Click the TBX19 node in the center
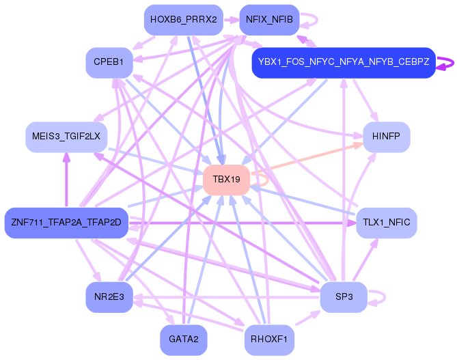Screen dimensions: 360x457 (x=226, y=180)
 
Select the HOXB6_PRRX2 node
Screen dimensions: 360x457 (x=182, y=20)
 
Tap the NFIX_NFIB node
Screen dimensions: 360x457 (x=268, y=20)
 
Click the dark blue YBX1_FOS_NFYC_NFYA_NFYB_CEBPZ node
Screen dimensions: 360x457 (x=344, y=63)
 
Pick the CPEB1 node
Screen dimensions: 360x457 (x=109, y=63)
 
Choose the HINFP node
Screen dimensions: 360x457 (x=386, y=137)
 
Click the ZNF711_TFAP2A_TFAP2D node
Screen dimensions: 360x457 (x=66, y=223)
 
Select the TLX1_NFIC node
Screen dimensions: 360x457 (x=386, y=223)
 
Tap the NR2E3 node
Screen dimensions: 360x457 (x=109, y=297)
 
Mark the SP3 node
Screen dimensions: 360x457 (x=344, y=297)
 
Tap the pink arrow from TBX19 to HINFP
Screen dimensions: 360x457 (x=311, y=158)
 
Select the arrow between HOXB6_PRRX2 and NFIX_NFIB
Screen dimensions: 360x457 (x=230, y=20)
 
